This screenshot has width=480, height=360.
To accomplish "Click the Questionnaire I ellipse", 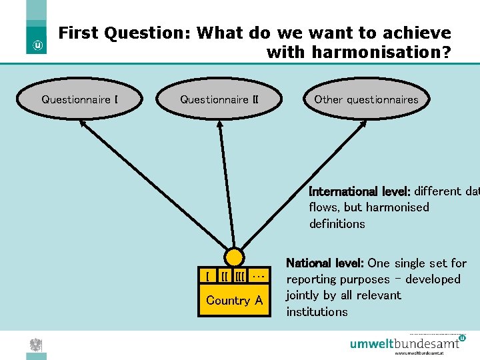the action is pyautogui.click(x=80, y=100).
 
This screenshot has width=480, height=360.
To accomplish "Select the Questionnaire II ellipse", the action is pyautogui.click(x=219, y=100).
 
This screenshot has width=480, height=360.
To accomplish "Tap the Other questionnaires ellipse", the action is pyautogui.click(x=366, y=100).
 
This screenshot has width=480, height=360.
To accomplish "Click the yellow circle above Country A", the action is pyautogui.click(x=234, y=257).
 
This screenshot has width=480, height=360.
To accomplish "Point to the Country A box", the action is pyautogui.click(x=234, y=301).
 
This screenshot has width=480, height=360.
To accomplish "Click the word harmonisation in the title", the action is pyautogui.click(x=359, y=51).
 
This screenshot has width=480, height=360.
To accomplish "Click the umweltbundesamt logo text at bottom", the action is pyautogui.click(x=405, y=344).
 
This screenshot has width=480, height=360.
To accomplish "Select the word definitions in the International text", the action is pyautogui.click(x=337, y=224).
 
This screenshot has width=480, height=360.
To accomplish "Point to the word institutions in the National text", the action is pyautogui.click(x=317, y=312).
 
